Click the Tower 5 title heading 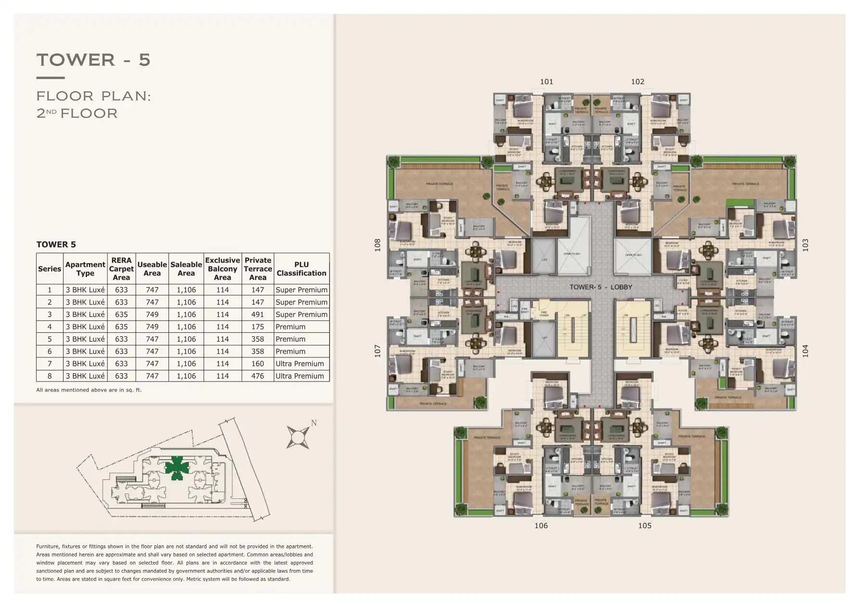pos(93,60)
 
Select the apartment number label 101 pos(546,82)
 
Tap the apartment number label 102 pos(637,82)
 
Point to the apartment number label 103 pos(805,245)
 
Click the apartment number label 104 pos(805,351)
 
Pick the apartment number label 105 pos(644,526)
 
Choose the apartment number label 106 pos(541,526)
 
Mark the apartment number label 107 pos(378,351)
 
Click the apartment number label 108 pos(378,245)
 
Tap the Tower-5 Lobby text pos(601,287)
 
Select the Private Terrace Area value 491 pos(257,315)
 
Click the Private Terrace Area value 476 pos(257,376)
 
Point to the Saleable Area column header pos(186,269)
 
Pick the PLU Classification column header pos(301,269)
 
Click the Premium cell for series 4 pos(290,327)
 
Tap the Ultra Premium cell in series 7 pos(299,364)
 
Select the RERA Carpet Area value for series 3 pos(121,315)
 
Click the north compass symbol pos(298,437)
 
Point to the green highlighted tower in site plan pos(174,467)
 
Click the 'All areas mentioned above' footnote pos(89,390)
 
